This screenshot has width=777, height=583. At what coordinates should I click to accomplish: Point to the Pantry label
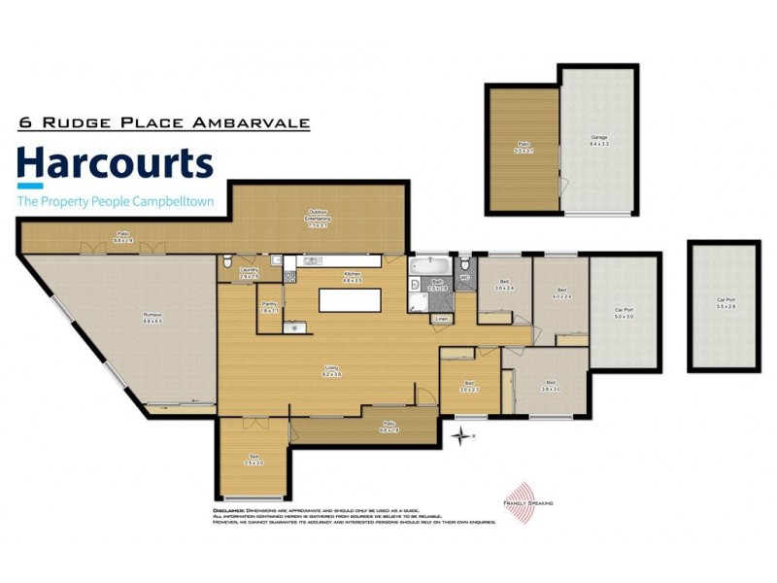[x=269, y=307]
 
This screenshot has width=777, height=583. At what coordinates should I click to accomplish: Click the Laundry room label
[x=250, y=274]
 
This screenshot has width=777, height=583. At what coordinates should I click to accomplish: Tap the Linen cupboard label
[x=442, y=318]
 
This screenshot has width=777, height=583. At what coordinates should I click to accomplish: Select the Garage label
[x=599, y=142]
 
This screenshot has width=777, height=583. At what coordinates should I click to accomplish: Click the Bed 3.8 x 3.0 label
[x=551, y=385]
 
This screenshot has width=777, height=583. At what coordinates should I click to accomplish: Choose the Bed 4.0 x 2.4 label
[x=562, y=292]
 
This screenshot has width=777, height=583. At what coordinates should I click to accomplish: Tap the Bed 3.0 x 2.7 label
[x=470, y=386]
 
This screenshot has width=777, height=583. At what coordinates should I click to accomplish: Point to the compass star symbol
[x=459, y=437]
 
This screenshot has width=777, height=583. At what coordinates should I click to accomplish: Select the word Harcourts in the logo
[x=116, y=164]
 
